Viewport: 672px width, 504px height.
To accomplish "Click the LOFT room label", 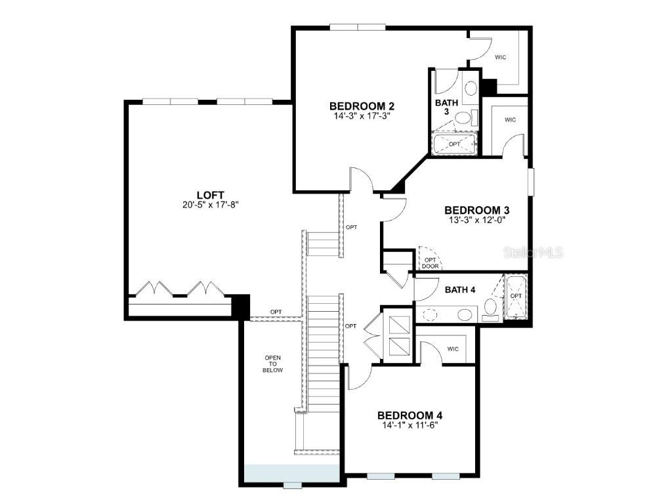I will click(211, 195).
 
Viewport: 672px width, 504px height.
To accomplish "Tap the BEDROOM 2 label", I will click(362, 106).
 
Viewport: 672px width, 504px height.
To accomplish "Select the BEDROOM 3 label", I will click(477, 210).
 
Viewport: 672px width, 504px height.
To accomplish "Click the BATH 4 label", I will click(460, 289).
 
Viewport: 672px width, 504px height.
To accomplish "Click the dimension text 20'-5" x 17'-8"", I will click(211, 204).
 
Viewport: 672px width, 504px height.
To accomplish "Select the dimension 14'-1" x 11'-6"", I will click(409, 425).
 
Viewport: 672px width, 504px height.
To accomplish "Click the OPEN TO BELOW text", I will click(273, 364).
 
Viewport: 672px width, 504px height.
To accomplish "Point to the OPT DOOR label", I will click(430, 262).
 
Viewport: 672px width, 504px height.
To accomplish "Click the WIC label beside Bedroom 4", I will click(453, 348).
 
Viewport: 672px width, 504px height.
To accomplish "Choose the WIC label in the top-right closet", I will click(500, 58).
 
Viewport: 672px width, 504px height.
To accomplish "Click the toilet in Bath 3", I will click(463, 118).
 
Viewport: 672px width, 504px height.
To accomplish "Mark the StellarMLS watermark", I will click(534, 253).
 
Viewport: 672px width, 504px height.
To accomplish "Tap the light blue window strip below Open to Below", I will click(291, 473).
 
